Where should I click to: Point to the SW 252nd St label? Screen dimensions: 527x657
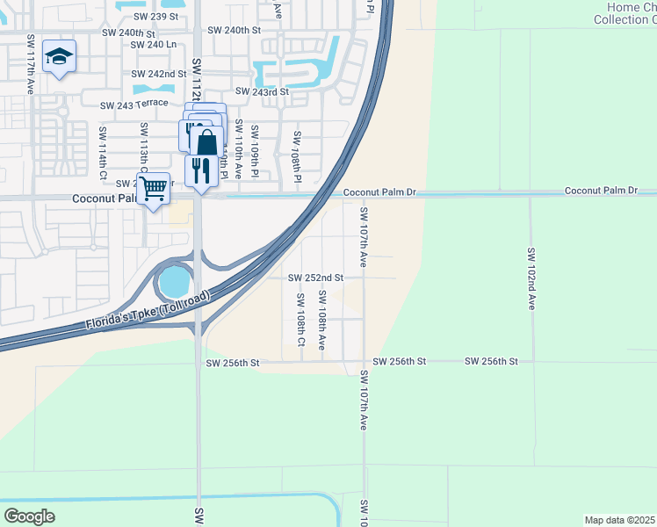click(x=315, y=278)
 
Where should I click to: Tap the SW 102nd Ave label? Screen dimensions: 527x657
click(x=531, y=278)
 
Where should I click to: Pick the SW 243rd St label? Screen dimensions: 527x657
click(x=262, y=91)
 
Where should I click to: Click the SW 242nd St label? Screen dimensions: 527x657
click(x=159, y=75)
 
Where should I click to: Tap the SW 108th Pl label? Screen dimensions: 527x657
click(x=298, y=158)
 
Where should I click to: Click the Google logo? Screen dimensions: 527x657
click(x=29, y=516)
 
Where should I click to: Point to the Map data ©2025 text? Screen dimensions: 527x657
click(x=618, y=520)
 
